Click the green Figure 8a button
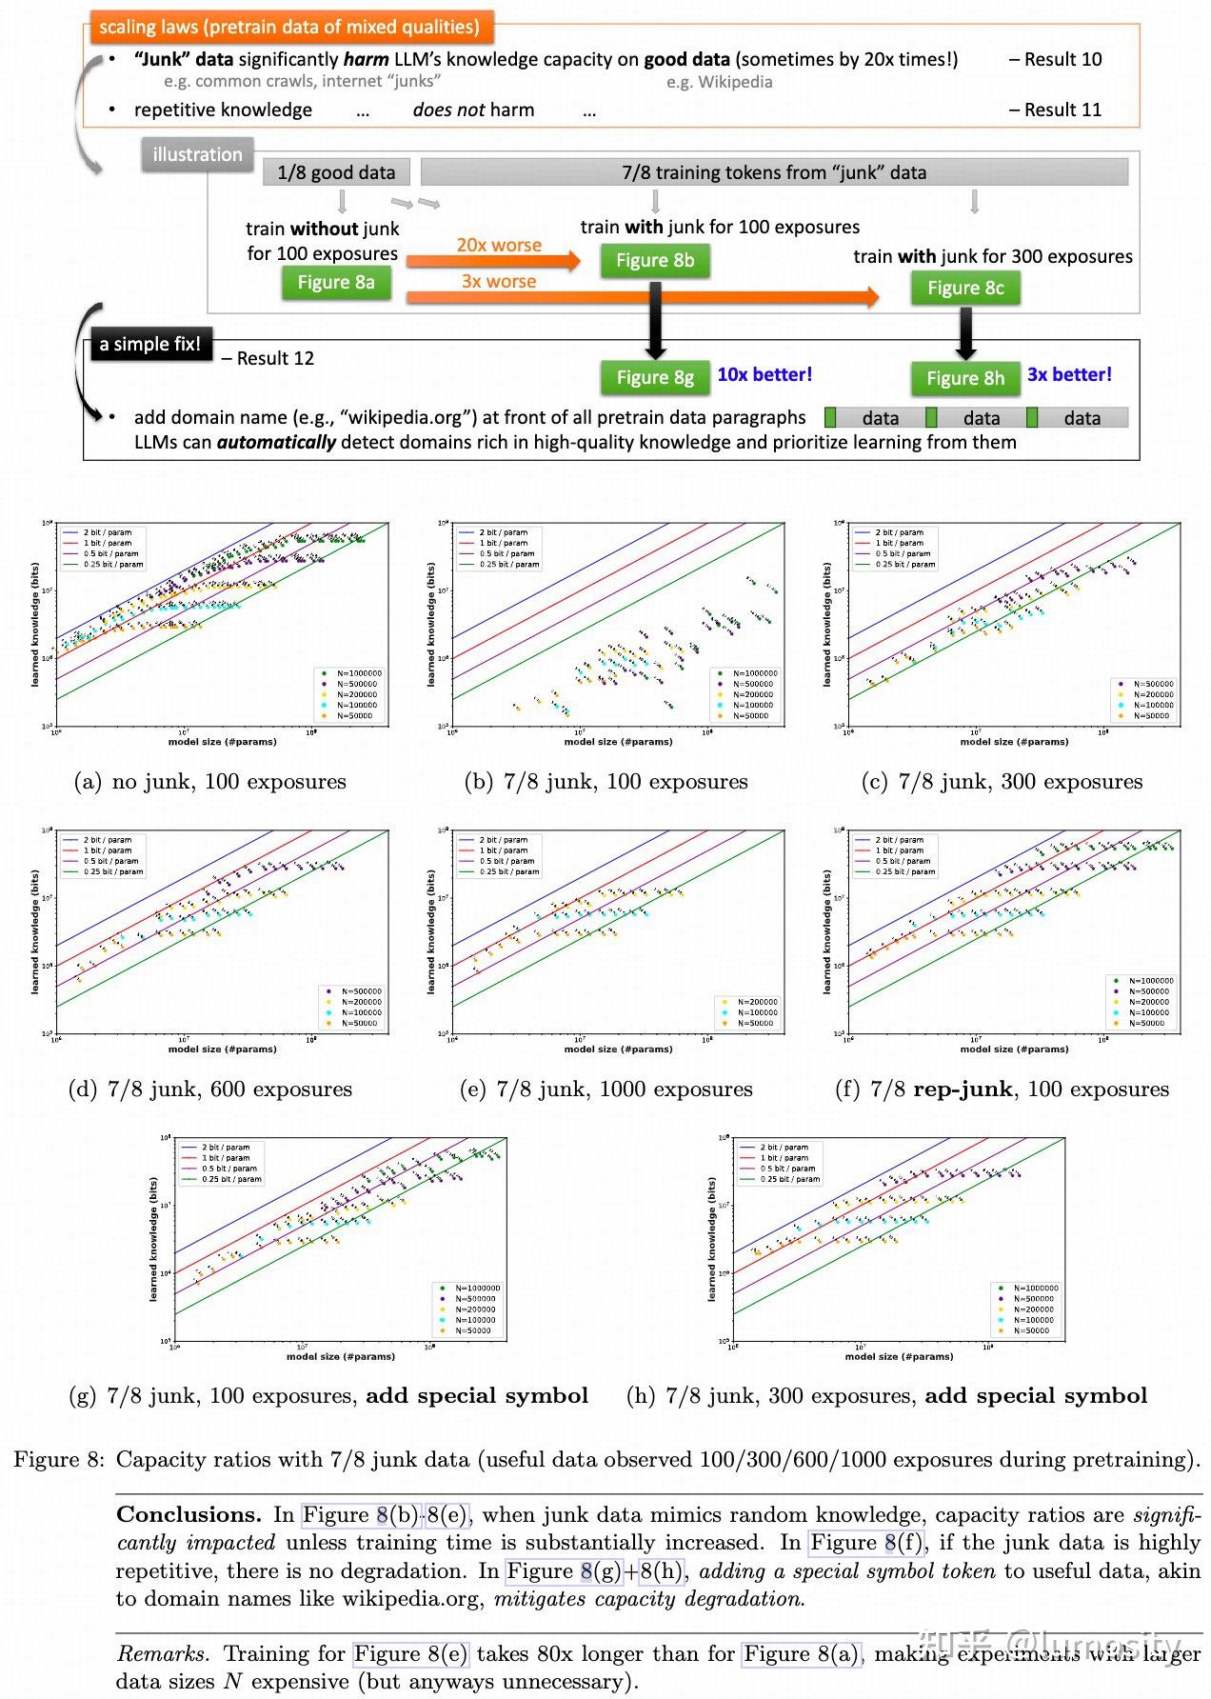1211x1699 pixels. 336,282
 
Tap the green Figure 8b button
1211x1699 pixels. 655,260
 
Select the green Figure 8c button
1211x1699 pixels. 965,288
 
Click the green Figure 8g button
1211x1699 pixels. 655,377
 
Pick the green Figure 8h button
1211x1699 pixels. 965,378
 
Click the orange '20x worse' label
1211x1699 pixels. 499,245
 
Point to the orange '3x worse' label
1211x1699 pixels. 499,281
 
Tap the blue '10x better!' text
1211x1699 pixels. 764,374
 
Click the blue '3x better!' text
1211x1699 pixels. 1069,374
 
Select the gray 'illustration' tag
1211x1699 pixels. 197,154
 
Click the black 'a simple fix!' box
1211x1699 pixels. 149,344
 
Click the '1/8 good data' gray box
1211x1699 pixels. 336,172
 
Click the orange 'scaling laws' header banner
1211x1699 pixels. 289,27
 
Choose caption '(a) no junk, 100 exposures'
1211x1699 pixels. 210,782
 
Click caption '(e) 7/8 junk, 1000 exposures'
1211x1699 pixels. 605,1089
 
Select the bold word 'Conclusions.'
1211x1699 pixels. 189,1514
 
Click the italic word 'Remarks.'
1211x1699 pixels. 162,1654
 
